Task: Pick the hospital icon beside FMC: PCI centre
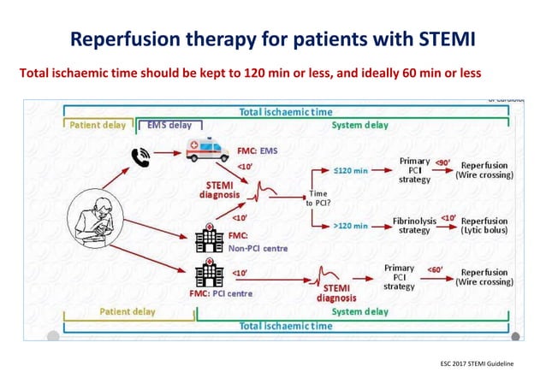coord(207,275)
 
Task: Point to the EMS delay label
coord(169,125)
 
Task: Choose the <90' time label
coord(443,162)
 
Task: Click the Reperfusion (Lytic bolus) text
coord(484,225)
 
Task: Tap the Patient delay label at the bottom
coord(128,311)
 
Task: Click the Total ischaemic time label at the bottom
coord(286,326)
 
